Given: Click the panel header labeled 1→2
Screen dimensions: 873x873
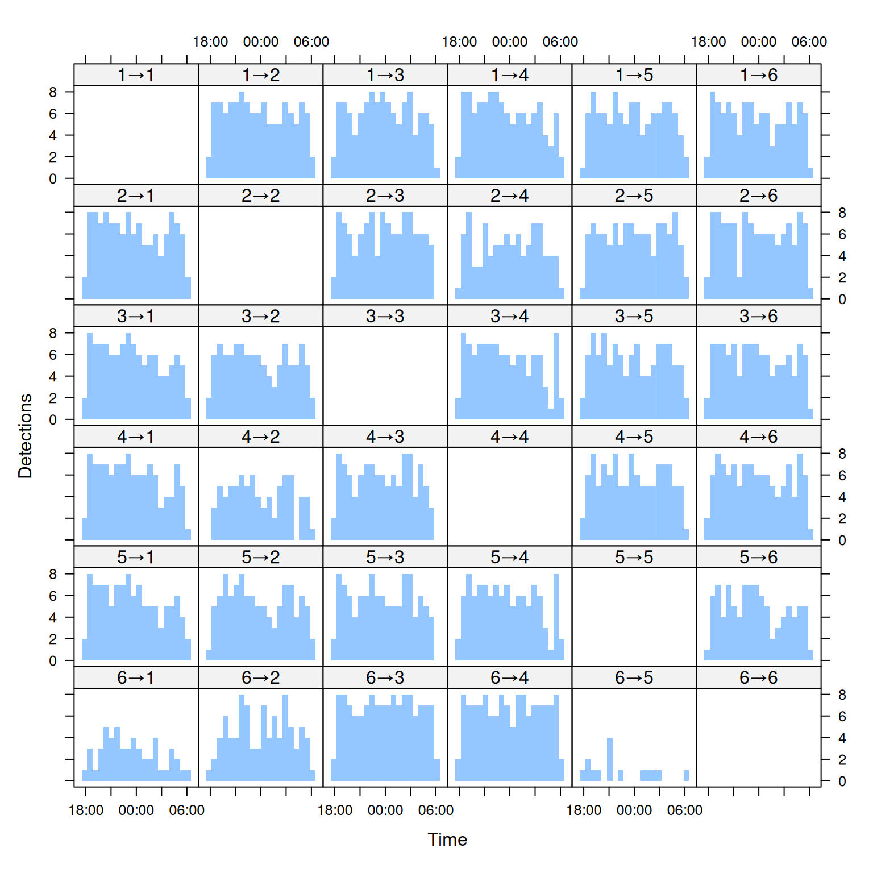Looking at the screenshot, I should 261,75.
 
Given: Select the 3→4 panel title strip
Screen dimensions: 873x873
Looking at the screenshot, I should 510,316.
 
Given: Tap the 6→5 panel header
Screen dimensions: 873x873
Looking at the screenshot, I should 634,677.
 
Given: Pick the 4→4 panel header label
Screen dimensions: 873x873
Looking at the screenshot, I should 510,436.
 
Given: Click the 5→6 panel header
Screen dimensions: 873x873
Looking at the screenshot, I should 759,557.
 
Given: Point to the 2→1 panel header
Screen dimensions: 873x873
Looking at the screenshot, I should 136,196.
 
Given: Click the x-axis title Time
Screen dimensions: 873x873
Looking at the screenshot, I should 447,839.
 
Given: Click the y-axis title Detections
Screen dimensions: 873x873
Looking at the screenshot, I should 26,436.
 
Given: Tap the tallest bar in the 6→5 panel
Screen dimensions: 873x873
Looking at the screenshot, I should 610,759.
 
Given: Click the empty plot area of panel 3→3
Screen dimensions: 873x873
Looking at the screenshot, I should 385,376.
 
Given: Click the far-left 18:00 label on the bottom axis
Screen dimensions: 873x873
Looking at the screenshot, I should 86,810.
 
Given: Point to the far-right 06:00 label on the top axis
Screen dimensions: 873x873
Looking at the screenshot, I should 809,42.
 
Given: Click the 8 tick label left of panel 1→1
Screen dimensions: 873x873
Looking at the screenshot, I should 53,92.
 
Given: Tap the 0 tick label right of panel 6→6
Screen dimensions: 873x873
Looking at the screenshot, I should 842,781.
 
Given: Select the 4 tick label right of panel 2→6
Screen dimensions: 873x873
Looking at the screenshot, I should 842,256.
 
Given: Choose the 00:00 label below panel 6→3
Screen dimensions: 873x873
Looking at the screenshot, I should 385,810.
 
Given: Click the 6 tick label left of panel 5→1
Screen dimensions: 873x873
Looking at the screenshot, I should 53,596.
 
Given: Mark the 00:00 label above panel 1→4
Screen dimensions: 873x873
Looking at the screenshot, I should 510,42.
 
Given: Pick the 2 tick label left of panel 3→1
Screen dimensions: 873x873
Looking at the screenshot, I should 53,398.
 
